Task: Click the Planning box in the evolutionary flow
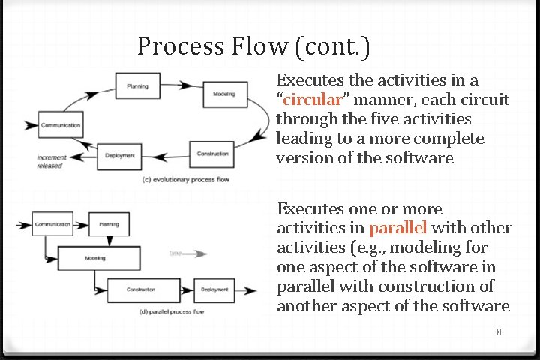(136, 86)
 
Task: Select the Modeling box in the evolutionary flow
(223, 94)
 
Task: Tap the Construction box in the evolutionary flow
(212, 154)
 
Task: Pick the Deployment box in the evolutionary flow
(120, 156)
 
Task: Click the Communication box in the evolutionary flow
(60, 125)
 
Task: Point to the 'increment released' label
(52, 162)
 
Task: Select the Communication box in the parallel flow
(52, 224)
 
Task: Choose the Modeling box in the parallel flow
(94, 258)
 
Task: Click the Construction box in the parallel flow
(141, 289)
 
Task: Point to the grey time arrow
(188, 253)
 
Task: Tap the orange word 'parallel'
(397, 228)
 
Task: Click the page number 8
(499, 331)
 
